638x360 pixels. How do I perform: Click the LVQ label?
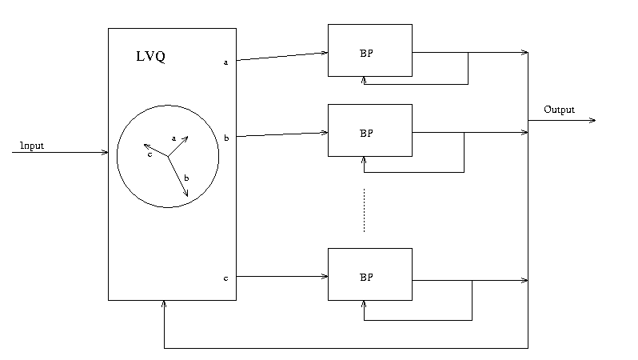click(x=152, y=58)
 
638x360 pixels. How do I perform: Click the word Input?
click(x=32, y=146)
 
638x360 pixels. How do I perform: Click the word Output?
click(x=559, y=110)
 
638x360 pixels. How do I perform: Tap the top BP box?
click(x=369, y=50)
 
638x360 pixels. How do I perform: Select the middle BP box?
click(x=369, y=130)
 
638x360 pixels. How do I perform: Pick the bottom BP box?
click(x=369, y=274)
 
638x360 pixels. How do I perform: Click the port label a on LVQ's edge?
click(x=225, y=62)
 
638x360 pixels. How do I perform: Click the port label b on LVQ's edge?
click(x=226, y=138)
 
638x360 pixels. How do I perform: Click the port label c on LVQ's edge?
click(x=225, y=278)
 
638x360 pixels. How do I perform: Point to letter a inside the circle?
click(x=173, y=138)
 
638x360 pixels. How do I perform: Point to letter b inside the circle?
click(x=186, y=177)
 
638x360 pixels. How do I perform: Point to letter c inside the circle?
click(x=150, y=154)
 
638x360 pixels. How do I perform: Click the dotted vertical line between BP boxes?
click(x=364, y=210)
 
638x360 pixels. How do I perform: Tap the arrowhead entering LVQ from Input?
click(x=105, y=152)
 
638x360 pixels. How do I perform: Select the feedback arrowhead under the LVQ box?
click(x=164, y=304)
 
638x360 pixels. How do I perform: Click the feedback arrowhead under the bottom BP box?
click(x=365, y=304)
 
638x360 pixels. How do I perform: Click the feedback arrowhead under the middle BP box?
click(x=365, y=160)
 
